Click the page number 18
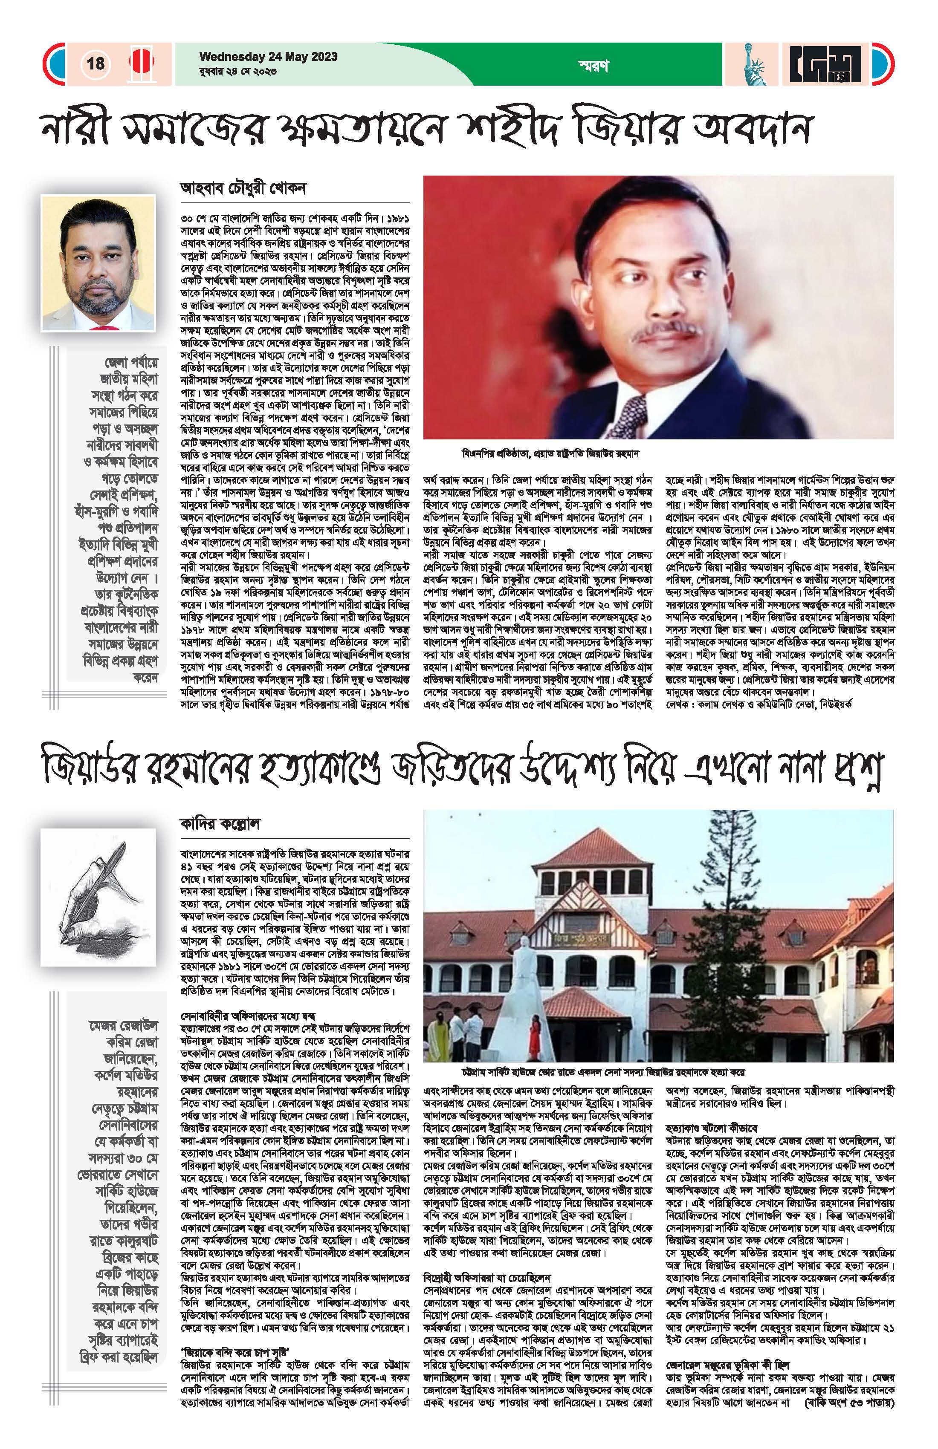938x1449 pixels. pos(96,64)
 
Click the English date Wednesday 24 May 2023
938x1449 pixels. pos(268,57)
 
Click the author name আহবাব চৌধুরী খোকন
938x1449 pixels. pos(243,188)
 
